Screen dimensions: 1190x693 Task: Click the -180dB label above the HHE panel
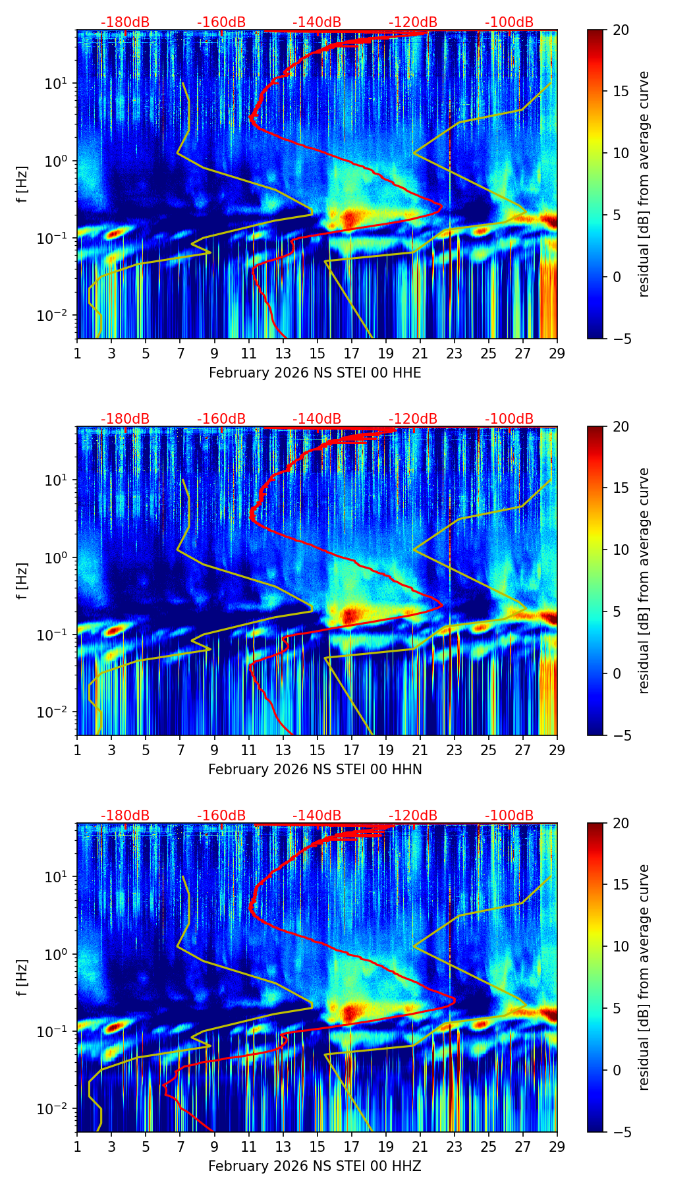[125, 22]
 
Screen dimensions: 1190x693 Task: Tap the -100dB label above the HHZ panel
[509, 816]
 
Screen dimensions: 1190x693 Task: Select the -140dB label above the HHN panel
[317, 419]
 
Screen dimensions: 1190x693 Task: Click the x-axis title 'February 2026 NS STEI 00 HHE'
[315, 373]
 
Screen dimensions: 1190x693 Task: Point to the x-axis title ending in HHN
[315, 770]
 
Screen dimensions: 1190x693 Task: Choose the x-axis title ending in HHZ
[315, 1166]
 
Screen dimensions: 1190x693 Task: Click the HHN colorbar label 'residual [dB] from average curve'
[644, 581]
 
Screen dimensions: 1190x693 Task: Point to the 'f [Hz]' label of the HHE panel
[22, 184]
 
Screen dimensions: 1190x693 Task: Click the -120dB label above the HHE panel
[413, 22]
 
